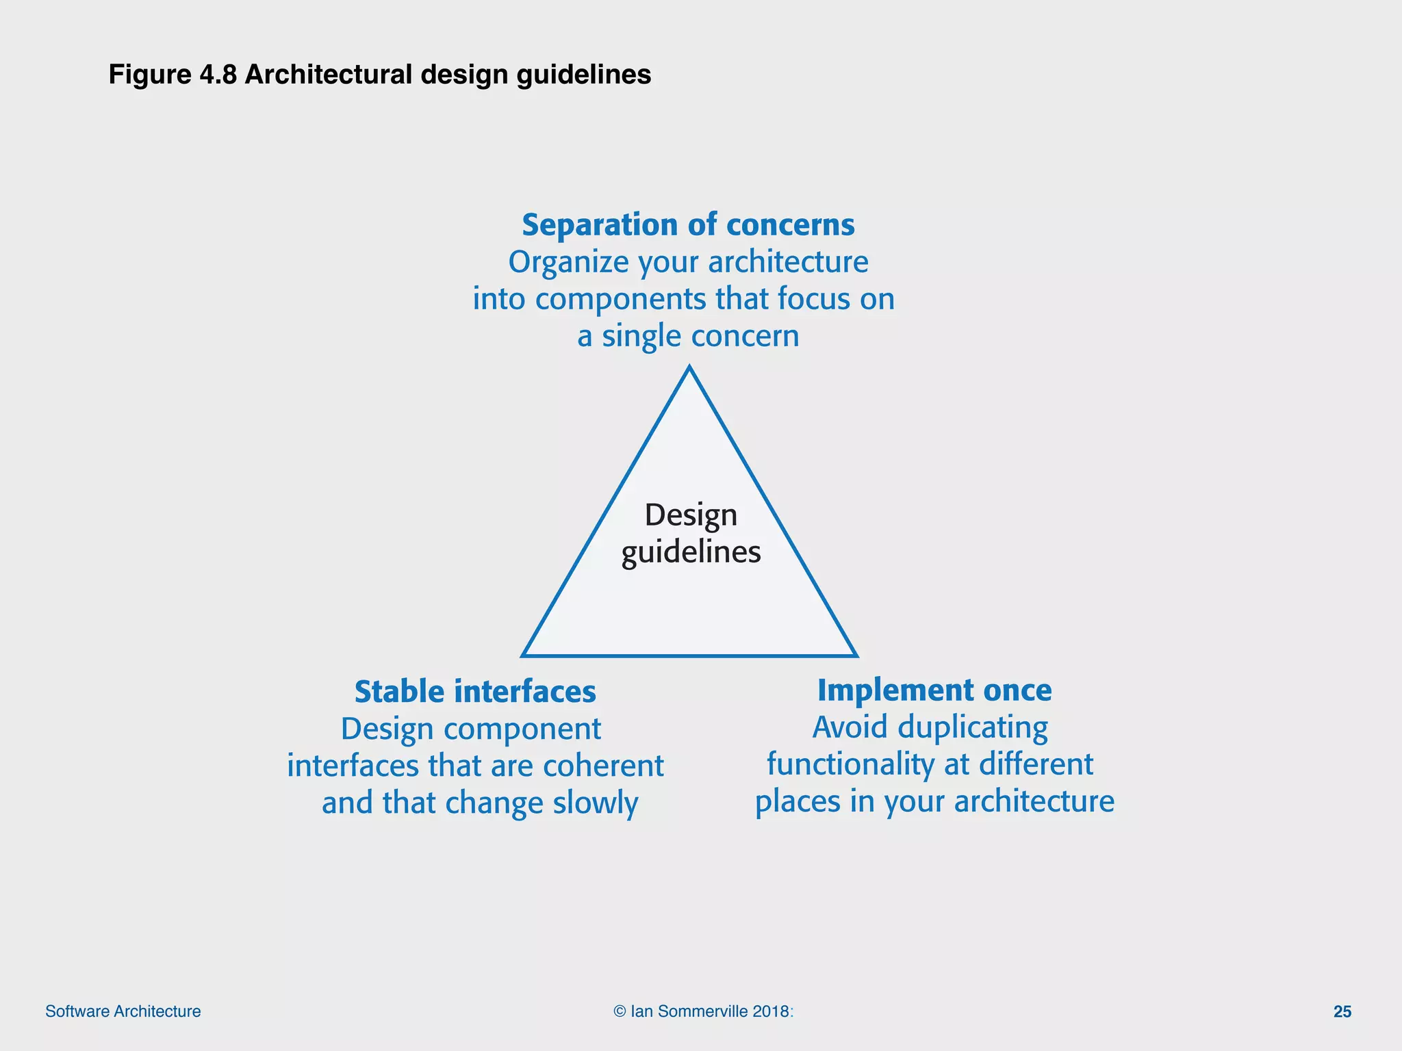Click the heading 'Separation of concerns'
pos(688,225)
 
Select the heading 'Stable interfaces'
pos(475,692)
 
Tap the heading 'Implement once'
pos(934,690)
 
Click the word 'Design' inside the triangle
pos(691,515)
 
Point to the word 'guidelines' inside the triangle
pos(691,552)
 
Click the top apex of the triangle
pos(689,369)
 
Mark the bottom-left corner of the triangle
pos(524,655)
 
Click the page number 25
pos(1342,1011)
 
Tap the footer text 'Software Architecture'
pos(123,1011)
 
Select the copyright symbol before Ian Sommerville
pos(620,1011)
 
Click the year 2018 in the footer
pos(771,1011)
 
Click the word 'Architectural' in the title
pos(329,75)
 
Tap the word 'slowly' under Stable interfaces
pos(596,803)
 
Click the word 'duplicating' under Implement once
pos(972,727)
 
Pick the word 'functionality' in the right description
pos(845,764)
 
